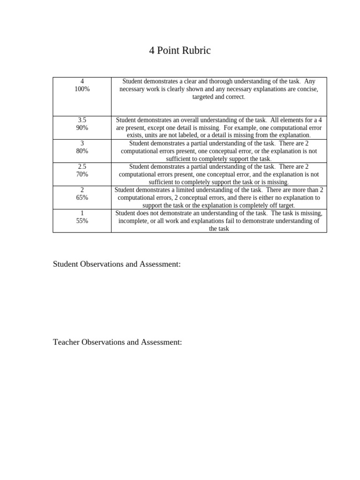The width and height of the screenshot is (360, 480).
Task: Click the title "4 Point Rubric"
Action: pyautogui.click(x=180, y=51)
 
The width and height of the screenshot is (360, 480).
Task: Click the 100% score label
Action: pyautogui.click(x=82, y=89)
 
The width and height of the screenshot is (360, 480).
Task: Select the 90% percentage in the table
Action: pyautogui.click(x=82, y=127)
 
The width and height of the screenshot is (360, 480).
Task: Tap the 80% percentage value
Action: pyautogui.click(x=82, y=151)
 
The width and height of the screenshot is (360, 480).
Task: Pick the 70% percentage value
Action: pyautogui.click(x=82, y=174)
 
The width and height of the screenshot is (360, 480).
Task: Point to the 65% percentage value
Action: pyautogui.click(x=82, y=197)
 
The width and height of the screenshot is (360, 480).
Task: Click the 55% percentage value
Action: pyautogui.click(x=82, y=221)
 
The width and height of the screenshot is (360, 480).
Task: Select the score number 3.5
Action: pyautogui.click(x=82, y=120)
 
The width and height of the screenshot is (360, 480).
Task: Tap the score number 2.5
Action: pyautogui.click(x=82, y=166)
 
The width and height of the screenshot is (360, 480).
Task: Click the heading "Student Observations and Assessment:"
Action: pyautogui.click(x=117, y=264)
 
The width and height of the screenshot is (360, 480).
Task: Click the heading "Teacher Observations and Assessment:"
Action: pyautogui.click(x=117, y=342)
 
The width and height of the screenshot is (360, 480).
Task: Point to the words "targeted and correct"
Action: pyautogui.click(x=218, y=97)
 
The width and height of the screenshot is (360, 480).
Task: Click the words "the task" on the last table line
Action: pyautogui.click(x=219, y=229)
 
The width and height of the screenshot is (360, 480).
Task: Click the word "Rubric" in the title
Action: pyautogui.click(x=196, y=51)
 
